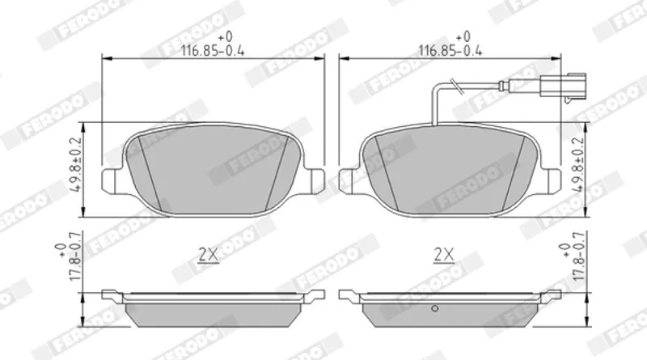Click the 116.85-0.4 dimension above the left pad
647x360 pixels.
coord(213,51)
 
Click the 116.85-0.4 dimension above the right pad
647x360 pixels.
coord(450,51)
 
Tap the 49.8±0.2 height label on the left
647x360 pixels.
coord(77,164)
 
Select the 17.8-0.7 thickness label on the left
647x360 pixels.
coord(74,256)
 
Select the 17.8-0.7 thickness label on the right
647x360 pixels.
coord(579,256)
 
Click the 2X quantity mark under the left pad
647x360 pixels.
coord(209,255)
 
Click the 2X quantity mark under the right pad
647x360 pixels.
coord(444,255)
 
